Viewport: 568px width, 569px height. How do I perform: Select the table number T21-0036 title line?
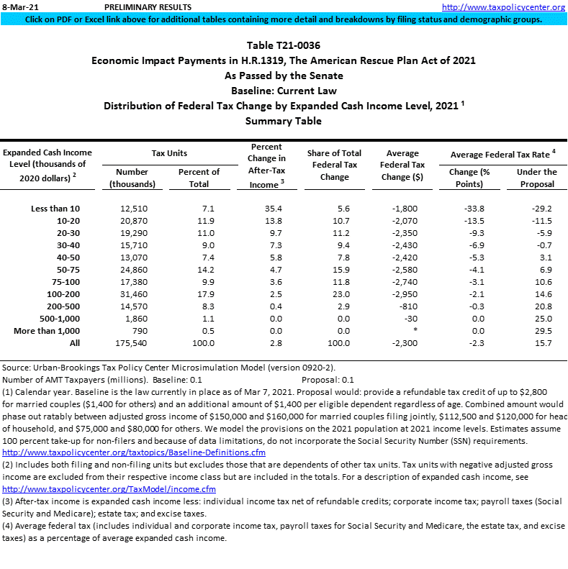coord(284,45)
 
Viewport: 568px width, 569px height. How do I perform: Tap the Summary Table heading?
coord(284,121)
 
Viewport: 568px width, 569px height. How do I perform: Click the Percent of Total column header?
coord(199,178)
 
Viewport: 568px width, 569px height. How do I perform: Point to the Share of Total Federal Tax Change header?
coord(334,165)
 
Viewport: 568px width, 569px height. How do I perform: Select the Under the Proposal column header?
coord(536,178)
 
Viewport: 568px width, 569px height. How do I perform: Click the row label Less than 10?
coord(55,209)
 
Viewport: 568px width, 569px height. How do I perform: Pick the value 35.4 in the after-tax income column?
coord(266,209)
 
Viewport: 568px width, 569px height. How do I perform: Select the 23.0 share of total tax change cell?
coord(334,294)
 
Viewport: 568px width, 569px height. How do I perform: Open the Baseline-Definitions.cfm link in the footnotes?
coord(134,452)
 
